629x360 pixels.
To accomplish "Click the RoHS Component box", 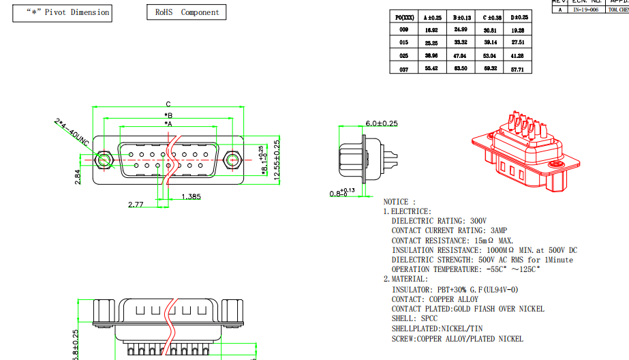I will point(186,12).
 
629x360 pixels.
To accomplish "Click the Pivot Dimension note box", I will point(61,13).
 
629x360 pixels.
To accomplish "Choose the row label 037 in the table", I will point(403,69).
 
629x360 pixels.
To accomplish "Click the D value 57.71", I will point(518,69).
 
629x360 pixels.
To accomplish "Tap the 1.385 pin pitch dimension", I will point(191,197).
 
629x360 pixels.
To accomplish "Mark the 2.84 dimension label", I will point(78,177).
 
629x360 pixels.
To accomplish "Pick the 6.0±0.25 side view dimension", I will point(382,123).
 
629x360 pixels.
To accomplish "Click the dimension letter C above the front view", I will point(168,104).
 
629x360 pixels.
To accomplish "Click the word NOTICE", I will point(396,202).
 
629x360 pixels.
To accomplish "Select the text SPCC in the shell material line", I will point(427,318).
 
